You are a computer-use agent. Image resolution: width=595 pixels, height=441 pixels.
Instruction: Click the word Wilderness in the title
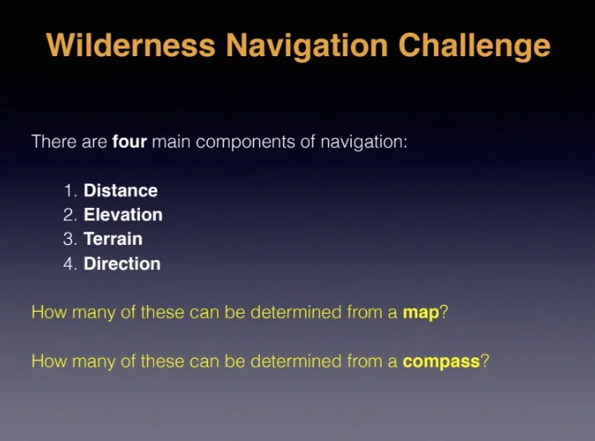pos(131,45)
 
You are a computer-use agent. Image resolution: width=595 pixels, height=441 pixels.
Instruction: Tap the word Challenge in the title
pos(474,45)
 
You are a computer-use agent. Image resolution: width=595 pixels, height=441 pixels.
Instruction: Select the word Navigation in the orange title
pos(308,45)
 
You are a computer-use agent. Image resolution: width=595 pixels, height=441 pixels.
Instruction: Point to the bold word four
pos(129,141)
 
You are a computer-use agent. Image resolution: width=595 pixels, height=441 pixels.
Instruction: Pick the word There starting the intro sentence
pos(52,141)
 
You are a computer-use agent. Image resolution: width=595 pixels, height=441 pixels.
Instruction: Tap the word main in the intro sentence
pos(171,141)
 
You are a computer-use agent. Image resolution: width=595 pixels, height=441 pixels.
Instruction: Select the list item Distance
pos(121,190)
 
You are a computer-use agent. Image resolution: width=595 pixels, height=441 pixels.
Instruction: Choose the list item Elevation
pos(123,215)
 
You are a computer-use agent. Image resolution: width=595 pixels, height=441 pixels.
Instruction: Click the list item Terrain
pos(113,239)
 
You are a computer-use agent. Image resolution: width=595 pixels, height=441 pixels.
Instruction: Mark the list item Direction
pos(122,263)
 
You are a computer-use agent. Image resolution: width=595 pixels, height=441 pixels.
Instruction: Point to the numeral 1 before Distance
pos(69,190)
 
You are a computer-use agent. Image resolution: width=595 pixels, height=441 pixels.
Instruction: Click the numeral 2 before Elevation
pos(69,215)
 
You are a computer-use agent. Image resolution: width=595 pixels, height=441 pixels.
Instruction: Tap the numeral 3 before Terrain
pos(69,239)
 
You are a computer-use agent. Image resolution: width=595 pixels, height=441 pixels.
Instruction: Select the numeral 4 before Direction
pos(69,263)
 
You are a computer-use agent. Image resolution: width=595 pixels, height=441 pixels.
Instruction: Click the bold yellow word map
pos(421,313)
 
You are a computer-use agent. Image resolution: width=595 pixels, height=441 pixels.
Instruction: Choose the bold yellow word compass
pos(441,362)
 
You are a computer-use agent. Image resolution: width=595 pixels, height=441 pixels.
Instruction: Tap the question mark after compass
pos(485,361)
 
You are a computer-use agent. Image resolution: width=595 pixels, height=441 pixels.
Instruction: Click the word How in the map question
pos(46,313)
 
